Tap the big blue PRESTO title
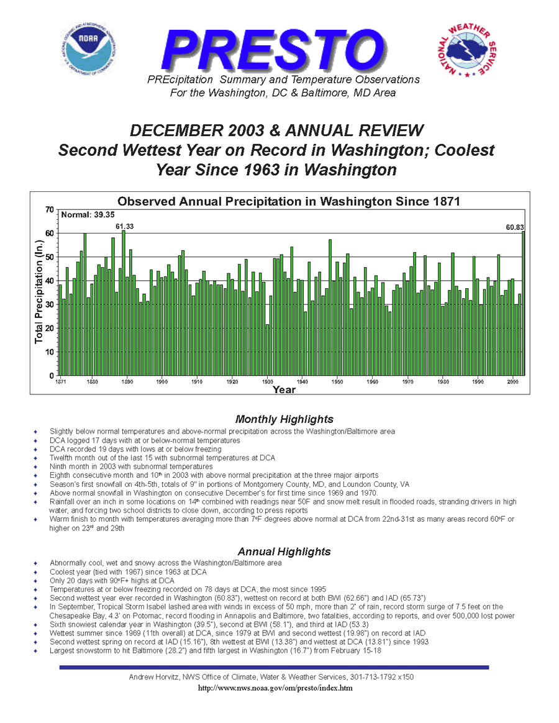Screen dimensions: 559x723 (274, 50)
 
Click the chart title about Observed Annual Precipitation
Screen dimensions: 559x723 (289, 201)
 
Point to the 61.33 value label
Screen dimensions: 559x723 (124, 226)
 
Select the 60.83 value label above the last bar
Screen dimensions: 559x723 (515, 227)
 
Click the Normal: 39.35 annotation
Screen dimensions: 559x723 (88, 215)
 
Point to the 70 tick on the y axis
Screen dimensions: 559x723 (50, 210)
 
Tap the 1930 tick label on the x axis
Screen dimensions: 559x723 (268, 382)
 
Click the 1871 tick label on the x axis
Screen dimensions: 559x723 (60, 382)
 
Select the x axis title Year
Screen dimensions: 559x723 (284, 389)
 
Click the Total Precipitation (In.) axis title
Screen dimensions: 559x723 (39, 292)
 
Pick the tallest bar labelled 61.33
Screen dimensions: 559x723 (124, 303)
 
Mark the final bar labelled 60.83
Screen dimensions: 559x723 (523, 303)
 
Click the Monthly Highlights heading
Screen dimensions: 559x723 (284, 419)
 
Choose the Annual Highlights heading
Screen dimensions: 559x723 (284, 552)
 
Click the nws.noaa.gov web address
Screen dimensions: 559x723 (275, 688)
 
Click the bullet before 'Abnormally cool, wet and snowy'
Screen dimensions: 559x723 (35, 563)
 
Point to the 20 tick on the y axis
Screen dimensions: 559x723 (50, 329)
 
